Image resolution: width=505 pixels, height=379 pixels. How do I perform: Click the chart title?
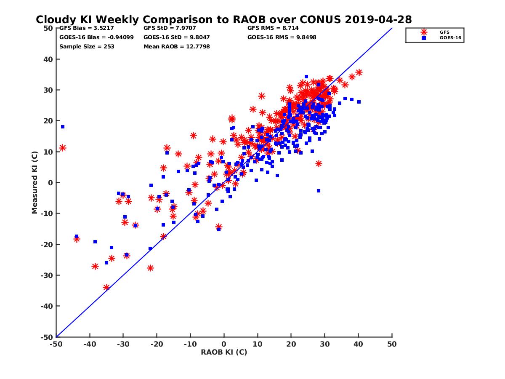(223, 19)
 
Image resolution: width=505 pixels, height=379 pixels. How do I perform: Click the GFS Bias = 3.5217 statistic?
(84, 28)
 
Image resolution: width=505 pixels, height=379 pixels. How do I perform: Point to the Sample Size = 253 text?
(87, 46)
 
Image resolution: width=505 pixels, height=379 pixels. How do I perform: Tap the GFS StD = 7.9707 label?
(168, 28)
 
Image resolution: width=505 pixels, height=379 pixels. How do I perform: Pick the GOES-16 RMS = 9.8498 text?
(282, 37)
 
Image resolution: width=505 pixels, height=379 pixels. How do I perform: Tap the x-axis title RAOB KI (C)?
(224, 352)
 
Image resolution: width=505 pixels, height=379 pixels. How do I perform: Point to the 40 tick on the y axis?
(48, 59)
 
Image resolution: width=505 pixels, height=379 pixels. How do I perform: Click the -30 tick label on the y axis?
(47, 275)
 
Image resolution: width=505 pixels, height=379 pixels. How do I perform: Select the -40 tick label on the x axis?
(89, 344)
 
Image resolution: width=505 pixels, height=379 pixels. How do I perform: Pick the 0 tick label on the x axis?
(224, 344)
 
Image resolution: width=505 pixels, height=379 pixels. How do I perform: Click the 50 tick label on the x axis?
(392, 344)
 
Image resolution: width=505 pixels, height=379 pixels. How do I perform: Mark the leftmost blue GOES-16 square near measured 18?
(63, 127)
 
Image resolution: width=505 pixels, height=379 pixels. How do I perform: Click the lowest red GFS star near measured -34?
(106, 287)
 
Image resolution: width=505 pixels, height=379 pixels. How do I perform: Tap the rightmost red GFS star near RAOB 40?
(359, 72)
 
